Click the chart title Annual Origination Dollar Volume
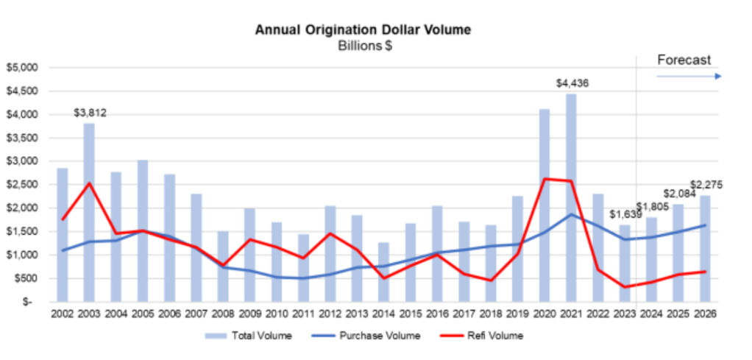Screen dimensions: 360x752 click(x=363, y=30)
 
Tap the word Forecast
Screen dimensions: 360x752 click(x=684, y=60)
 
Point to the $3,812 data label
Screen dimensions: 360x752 click(x=89, y=113)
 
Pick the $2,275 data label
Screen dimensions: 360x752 click(x=706, y=184)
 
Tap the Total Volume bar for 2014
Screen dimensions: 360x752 click(x=383, y=272)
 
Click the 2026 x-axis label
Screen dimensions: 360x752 click(x=705, y=314)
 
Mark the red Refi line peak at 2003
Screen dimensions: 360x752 click(x=89, y=183)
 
